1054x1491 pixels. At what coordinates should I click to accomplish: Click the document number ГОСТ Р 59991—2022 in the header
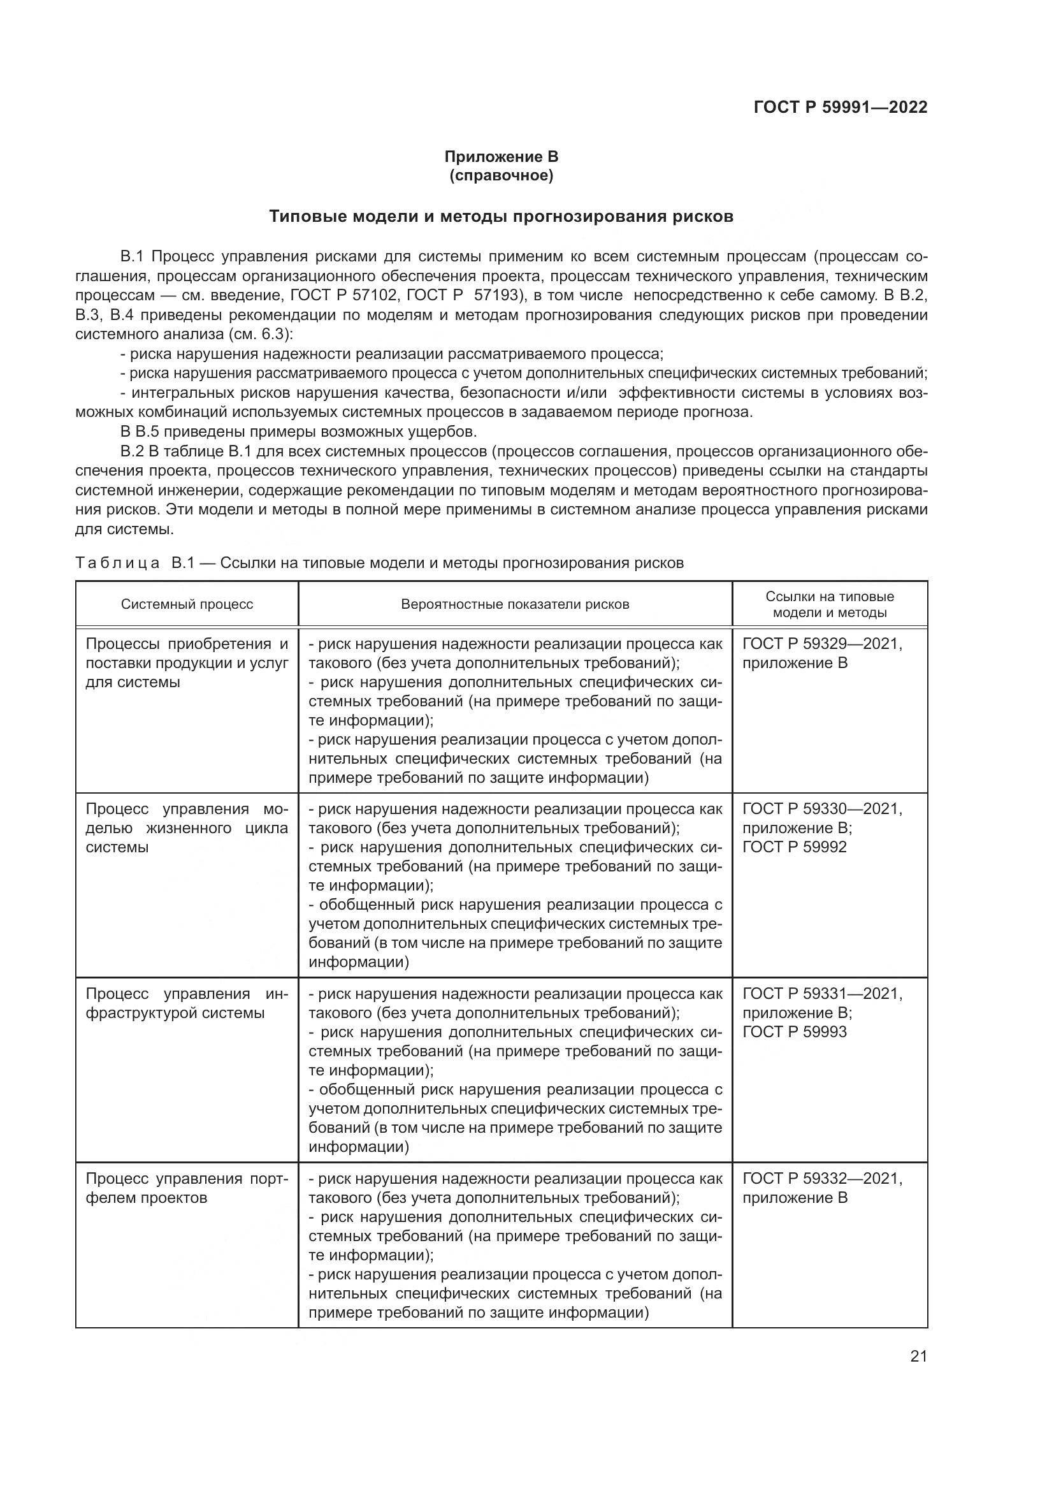[841, 107]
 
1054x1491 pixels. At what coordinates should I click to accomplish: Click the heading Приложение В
[501, 157]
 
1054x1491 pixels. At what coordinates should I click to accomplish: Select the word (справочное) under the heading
[501, 176]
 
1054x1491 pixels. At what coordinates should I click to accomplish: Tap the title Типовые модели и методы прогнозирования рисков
[501, 216]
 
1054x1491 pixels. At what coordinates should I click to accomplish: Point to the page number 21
[918, 1356]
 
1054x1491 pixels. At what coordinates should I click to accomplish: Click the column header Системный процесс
[187, 604]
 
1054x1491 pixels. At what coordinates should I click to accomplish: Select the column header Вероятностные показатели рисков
[515, 604]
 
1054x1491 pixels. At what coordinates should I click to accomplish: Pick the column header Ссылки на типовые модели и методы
[830, 604]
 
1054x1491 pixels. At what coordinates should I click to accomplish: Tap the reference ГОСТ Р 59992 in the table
[795, 847]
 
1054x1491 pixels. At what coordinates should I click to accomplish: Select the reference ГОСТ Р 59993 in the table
[795, 1032]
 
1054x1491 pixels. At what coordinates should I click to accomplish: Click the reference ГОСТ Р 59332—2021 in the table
[821, 1179]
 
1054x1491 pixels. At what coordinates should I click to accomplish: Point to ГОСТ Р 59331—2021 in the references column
[821, 994]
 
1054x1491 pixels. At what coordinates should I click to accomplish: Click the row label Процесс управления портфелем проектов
[187, 1188]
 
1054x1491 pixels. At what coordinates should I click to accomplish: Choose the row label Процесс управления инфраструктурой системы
[187, 1003]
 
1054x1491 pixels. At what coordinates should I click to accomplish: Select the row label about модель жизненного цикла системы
[187, 828]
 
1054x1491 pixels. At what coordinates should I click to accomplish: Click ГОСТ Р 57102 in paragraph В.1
[343, 296]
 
